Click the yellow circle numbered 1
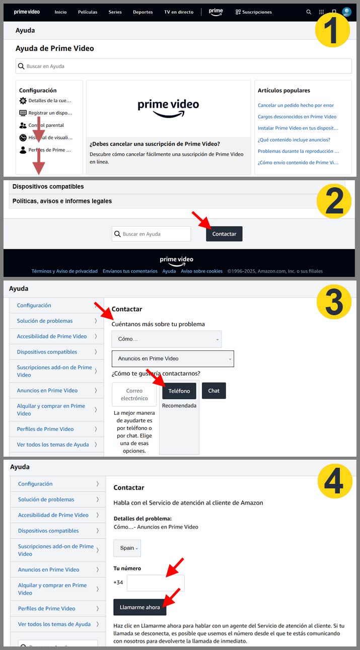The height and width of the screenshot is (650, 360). pyautogui.click(x=332, y=29)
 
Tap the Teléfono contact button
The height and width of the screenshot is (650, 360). pyautogui.click(x=179, y=391)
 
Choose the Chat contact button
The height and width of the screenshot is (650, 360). pyautogui.click(x=213, y=391)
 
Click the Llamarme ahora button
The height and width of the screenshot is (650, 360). pyautogui.click(x=139, y=607)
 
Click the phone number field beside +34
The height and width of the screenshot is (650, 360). pyautogui.click(x=156, y=583)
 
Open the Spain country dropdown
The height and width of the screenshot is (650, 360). pyautogui.click(x=127, y=548)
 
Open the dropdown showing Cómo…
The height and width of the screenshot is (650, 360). pyautogui.click(x=166, y=339)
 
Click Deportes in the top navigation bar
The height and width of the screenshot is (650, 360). pyautogui.click(x=142, y=12)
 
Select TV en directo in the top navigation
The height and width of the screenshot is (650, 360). pyautogui.click(x=178, y=12)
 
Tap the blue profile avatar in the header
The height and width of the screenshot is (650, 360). pyautogui.click(x=346, y=12)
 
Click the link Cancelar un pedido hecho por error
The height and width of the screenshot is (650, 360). pyautogui.click(x=296, y=105)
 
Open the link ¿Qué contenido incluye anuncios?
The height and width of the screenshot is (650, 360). pyautogui.click(x=294, y=139)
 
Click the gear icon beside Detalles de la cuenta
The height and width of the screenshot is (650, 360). pyautogui.click(x=23, y=101)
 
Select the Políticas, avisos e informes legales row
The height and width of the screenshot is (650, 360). pyautogui.click(x=62, y=201)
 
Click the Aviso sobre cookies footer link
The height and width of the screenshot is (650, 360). pyautogui.click(x=201, y=271)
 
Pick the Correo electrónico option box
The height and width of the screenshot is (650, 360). pyautogui.click(x=134, y=394)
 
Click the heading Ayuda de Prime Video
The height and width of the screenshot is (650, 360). pyautogui.click(x=55, y=49)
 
